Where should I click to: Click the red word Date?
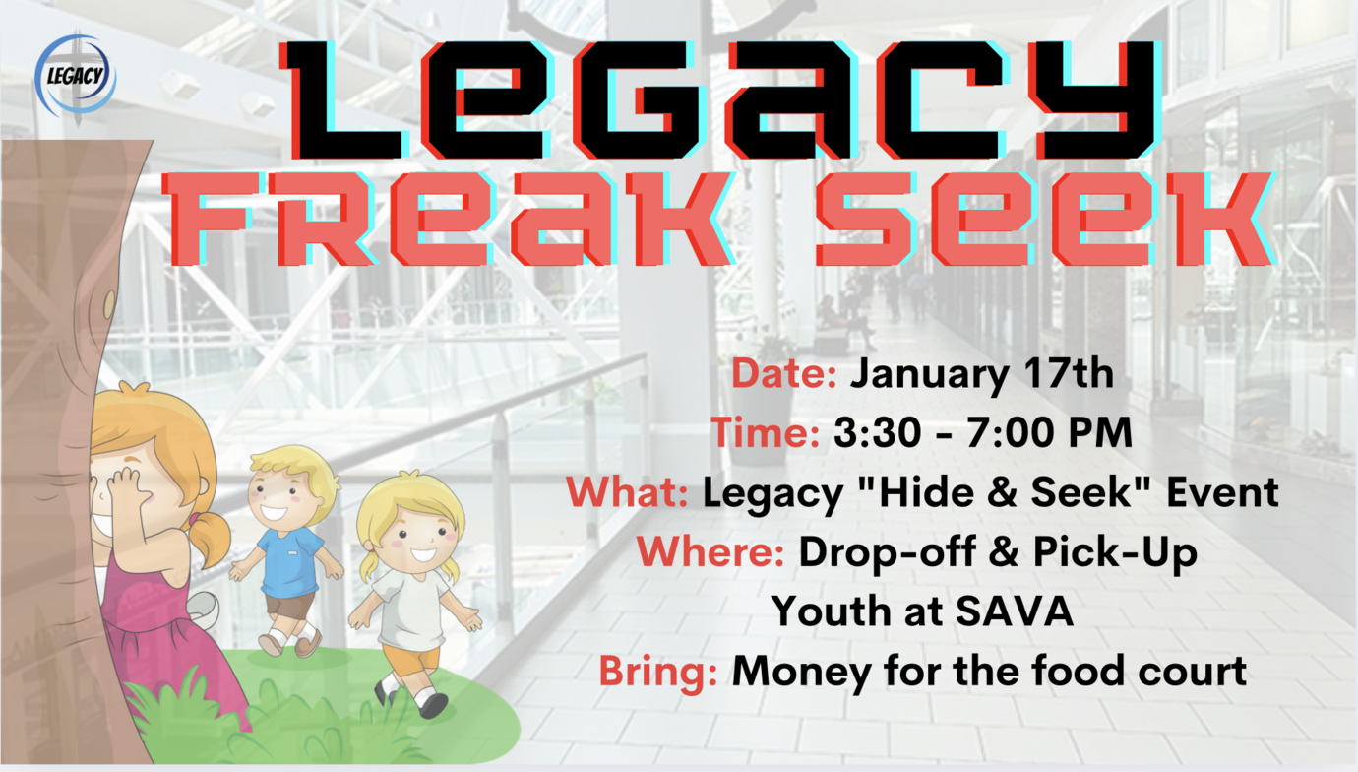click(x=784, y=373)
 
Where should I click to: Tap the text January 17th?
click(x=981, y=375)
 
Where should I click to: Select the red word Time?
click(x=766, y=432)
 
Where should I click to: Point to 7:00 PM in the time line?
click(x=1049, y=432)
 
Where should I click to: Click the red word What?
click(x=628, y=491)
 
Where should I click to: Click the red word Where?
click(x=710, y=551)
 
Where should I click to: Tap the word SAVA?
click(x=1015, y=611)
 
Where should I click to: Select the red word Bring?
click(x=658, y=672)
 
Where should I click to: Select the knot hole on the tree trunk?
click(x=110, y=304)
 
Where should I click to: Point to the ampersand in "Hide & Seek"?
click(x=1002, y=491)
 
